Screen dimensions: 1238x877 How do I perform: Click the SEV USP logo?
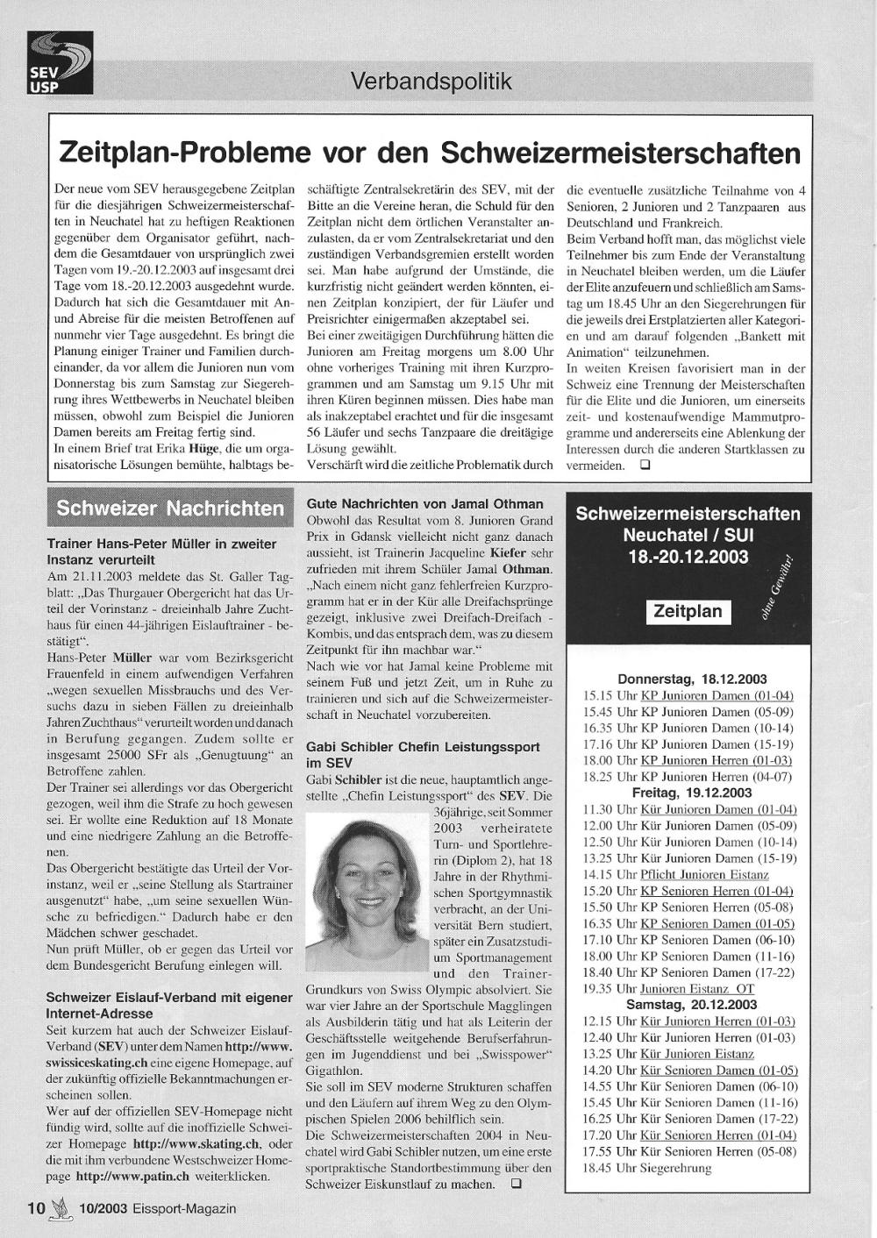pos(60,62)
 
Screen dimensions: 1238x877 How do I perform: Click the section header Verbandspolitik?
pos(430,82)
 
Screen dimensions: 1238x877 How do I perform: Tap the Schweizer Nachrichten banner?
pos(170,509)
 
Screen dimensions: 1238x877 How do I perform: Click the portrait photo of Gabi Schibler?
pos(369,893)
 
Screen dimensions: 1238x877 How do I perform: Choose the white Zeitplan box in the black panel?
pos(688,611)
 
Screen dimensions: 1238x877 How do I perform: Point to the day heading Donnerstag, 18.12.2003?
pos(692,679)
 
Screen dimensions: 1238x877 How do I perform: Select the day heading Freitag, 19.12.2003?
pos(692,792)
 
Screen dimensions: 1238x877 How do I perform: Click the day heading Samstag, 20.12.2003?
pos(692,1005)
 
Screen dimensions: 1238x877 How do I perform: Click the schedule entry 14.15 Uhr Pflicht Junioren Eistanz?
pos(675,874)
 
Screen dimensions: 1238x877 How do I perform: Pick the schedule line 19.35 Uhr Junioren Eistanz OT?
pos(668,988)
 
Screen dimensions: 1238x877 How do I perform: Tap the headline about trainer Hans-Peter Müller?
pos(161,551)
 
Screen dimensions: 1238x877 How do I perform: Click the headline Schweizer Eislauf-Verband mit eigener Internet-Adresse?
pos(169,1005)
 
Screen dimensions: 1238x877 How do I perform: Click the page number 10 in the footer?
pos(36,1207)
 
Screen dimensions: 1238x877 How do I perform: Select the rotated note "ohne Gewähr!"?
pos(776,588)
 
